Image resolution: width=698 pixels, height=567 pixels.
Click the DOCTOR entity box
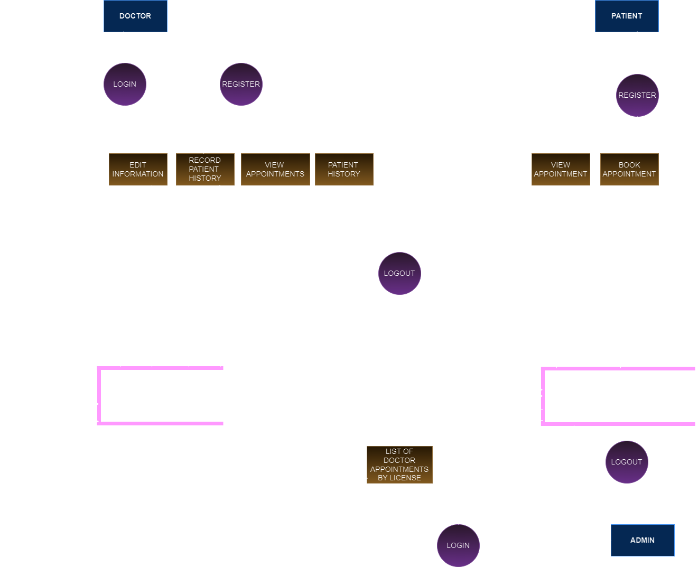pos(135,16)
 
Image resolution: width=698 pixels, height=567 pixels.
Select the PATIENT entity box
pos(627,16)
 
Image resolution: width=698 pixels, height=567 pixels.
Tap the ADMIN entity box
pos(643,540)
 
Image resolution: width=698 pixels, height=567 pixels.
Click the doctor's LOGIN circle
pos(125,84)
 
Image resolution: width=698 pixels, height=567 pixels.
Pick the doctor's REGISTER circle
pos(241,84)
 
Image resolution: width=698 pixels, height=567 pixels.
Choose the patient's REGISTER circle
pos(637,95)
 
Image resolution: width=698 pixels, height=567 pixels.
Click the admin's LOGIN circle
pos(458,545)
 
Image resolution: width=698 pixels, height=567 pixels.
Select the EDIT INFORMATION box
pos(138,169)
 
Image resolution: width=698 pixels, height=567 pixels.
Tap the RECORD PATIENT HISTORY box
pos(205,169)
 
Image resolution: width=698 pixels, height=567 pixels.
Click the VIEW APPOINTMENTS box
pos(275,169)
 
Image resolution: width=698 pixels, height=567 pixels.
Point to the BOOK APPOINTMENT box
pos(629,169)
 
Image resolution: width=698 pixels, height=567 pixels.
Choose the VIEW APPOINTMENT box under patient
pos(561,169)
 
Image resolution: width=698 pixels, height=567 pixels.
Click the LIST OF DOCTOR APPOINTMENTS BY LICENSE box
pos(399,464)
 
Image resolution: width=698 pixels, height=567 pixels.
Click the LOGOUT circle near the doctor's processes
pos(399,273)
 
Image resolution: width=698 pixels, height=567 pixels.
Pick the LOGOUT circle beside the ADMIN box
pos(627,462)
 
